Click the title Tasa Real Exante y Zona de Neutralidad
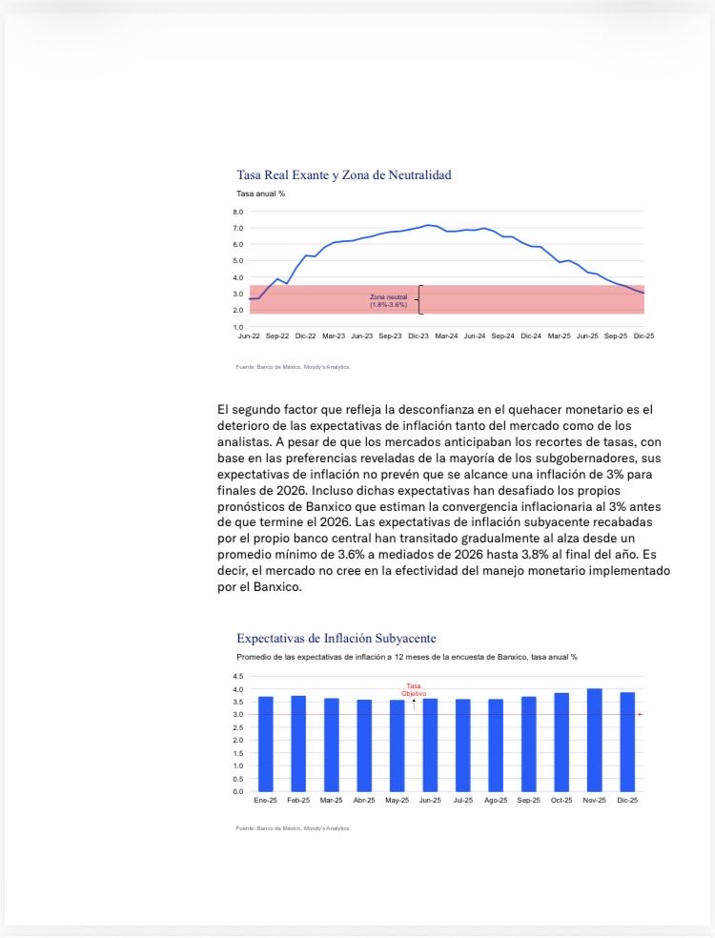click(x=343, y=174)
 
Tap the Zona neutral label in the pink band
click(x=388, y=300)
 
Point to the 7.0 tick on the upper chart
click(x=237, y=229)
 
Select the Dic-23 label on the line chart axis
click(x=419, y=336)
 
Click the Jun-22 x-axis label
click(x=250, y=336)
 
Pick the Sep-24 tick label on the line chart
click(x=503, y=336)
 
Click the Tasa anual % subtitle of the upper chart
click(x=260, y=194)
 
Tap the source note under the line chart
click(x=294, y=366)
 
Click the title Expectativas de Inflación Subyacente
click(x=337, y=638)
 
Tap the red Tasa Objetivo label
click(x=414, y=689)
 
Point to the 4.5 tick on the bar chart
click(x=237, y=676)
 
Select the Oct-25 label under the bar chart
click(x=562, y=801)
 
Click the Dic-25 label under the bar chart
click(x=627, y=801)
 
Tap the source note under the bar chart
click(x=294, y=828)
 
